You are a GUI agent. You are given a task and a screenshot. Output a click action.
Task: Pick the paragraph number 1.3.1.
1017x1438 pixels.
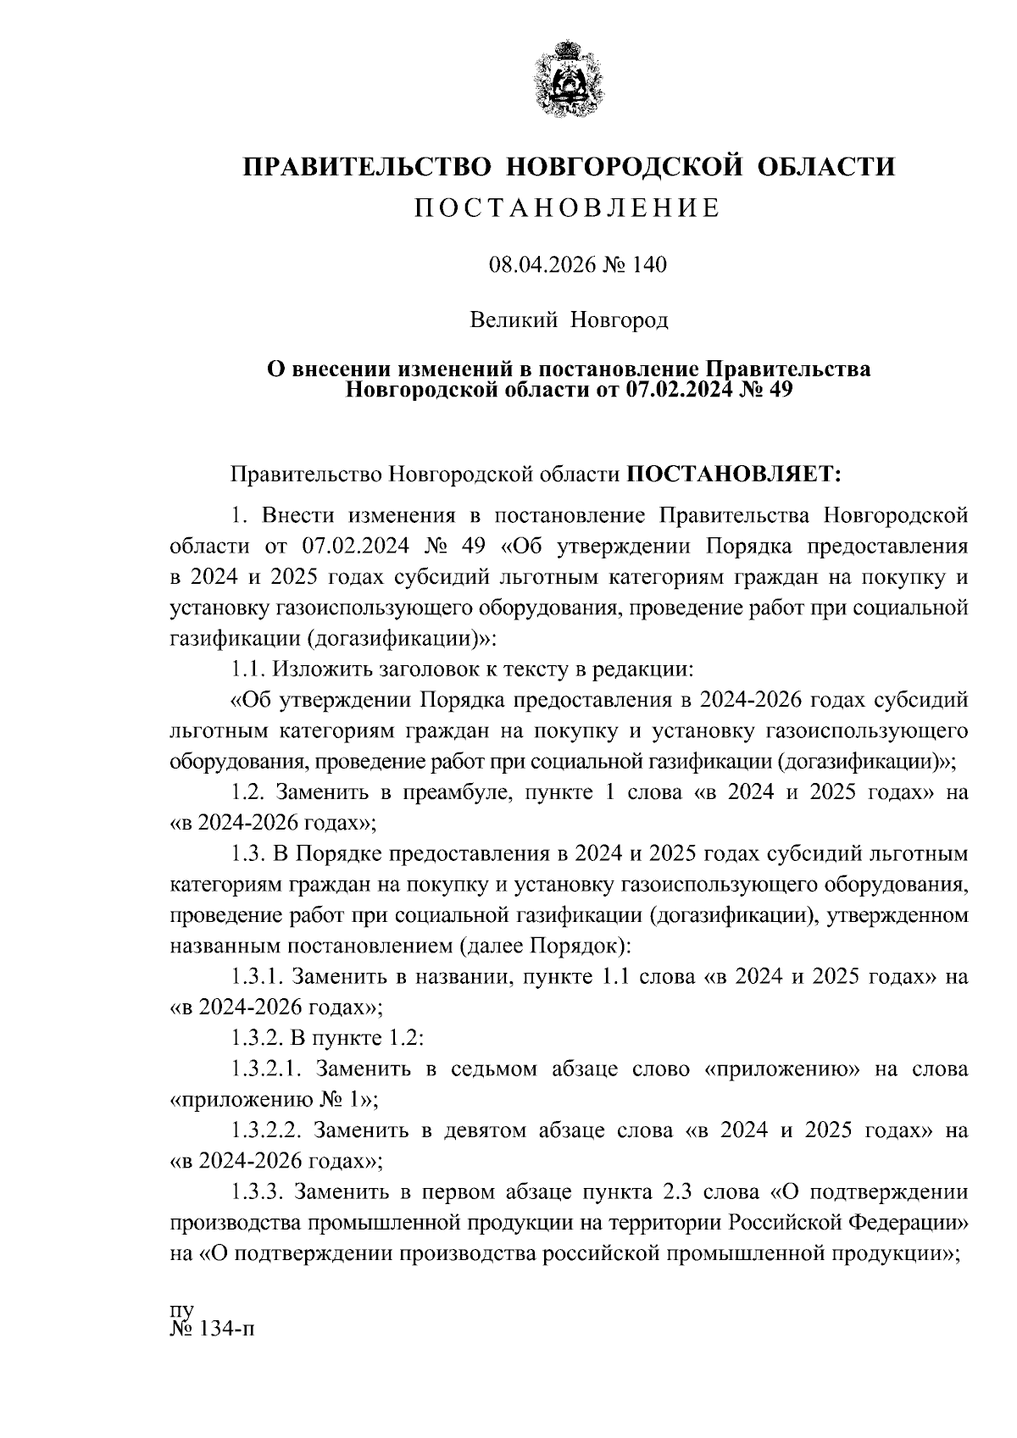click(x=255, y=976)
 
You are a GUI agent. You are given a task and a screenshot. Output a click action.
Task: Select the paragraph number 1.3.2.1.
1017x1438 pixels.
click(x=263, y=1069)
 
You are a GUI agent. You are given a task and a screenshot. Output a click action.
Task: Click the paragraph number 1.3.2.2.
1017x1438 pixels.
click(x=263, y=1130)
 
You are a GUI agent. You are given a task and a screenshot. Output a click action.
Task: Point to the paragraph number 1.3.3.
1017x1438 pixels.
click(x=255, y=1192)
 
